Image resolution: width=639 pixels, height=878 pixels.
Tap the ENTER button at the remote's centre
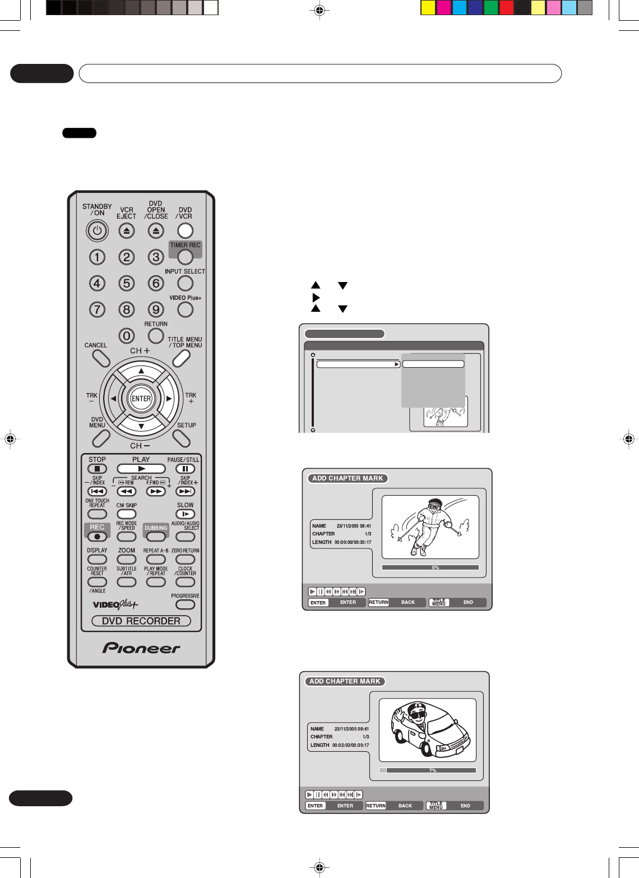point(141,399)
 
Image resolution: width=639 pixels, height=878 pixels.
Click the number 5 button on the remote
point(127,283)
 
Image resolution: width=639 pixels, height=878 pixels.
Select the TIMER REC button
point(185,256)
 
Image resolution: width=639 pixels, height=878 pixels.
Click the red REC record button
point(97,537)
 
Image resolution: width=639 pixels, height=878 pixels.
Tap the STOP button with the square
point(97,469)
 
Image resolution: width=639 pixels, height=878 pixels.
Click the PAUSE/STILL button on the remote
point(185,469)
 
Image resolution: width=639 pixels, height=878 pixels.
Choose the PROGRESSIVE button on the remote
point(185,604)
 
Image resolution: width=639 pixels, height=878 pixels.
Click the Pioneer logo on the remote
point(141,648)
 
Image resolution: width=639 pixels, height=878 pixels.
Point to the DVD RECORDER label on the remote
point(141,621)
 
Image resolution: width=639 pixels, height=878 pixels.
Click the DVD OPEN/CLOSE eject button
point(156,230)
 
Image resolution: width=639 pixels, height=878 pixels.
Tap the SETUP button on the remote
point(182,438)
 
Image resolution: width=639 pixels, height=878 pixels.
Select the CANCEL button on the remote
point(101,358)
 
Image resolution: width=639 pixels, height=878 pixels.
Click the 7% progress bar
point(428,770)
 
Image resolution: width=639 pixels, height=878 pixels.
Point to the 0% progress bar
point(430,567)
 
